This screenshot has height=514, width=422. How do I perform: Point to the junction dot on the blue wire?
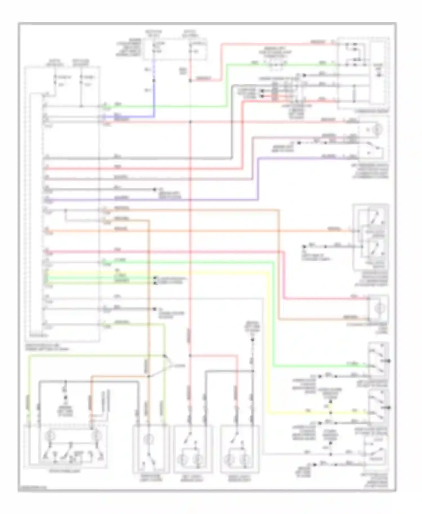pyautogui.click(x=154, y=81)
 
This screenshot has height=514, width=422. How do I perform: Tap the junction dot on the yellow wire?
pyautogui.click(x=331, y=413)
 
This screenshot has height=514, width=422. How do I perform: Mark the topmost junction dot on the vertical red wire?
pyautogui.click(x=190, y=81)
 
